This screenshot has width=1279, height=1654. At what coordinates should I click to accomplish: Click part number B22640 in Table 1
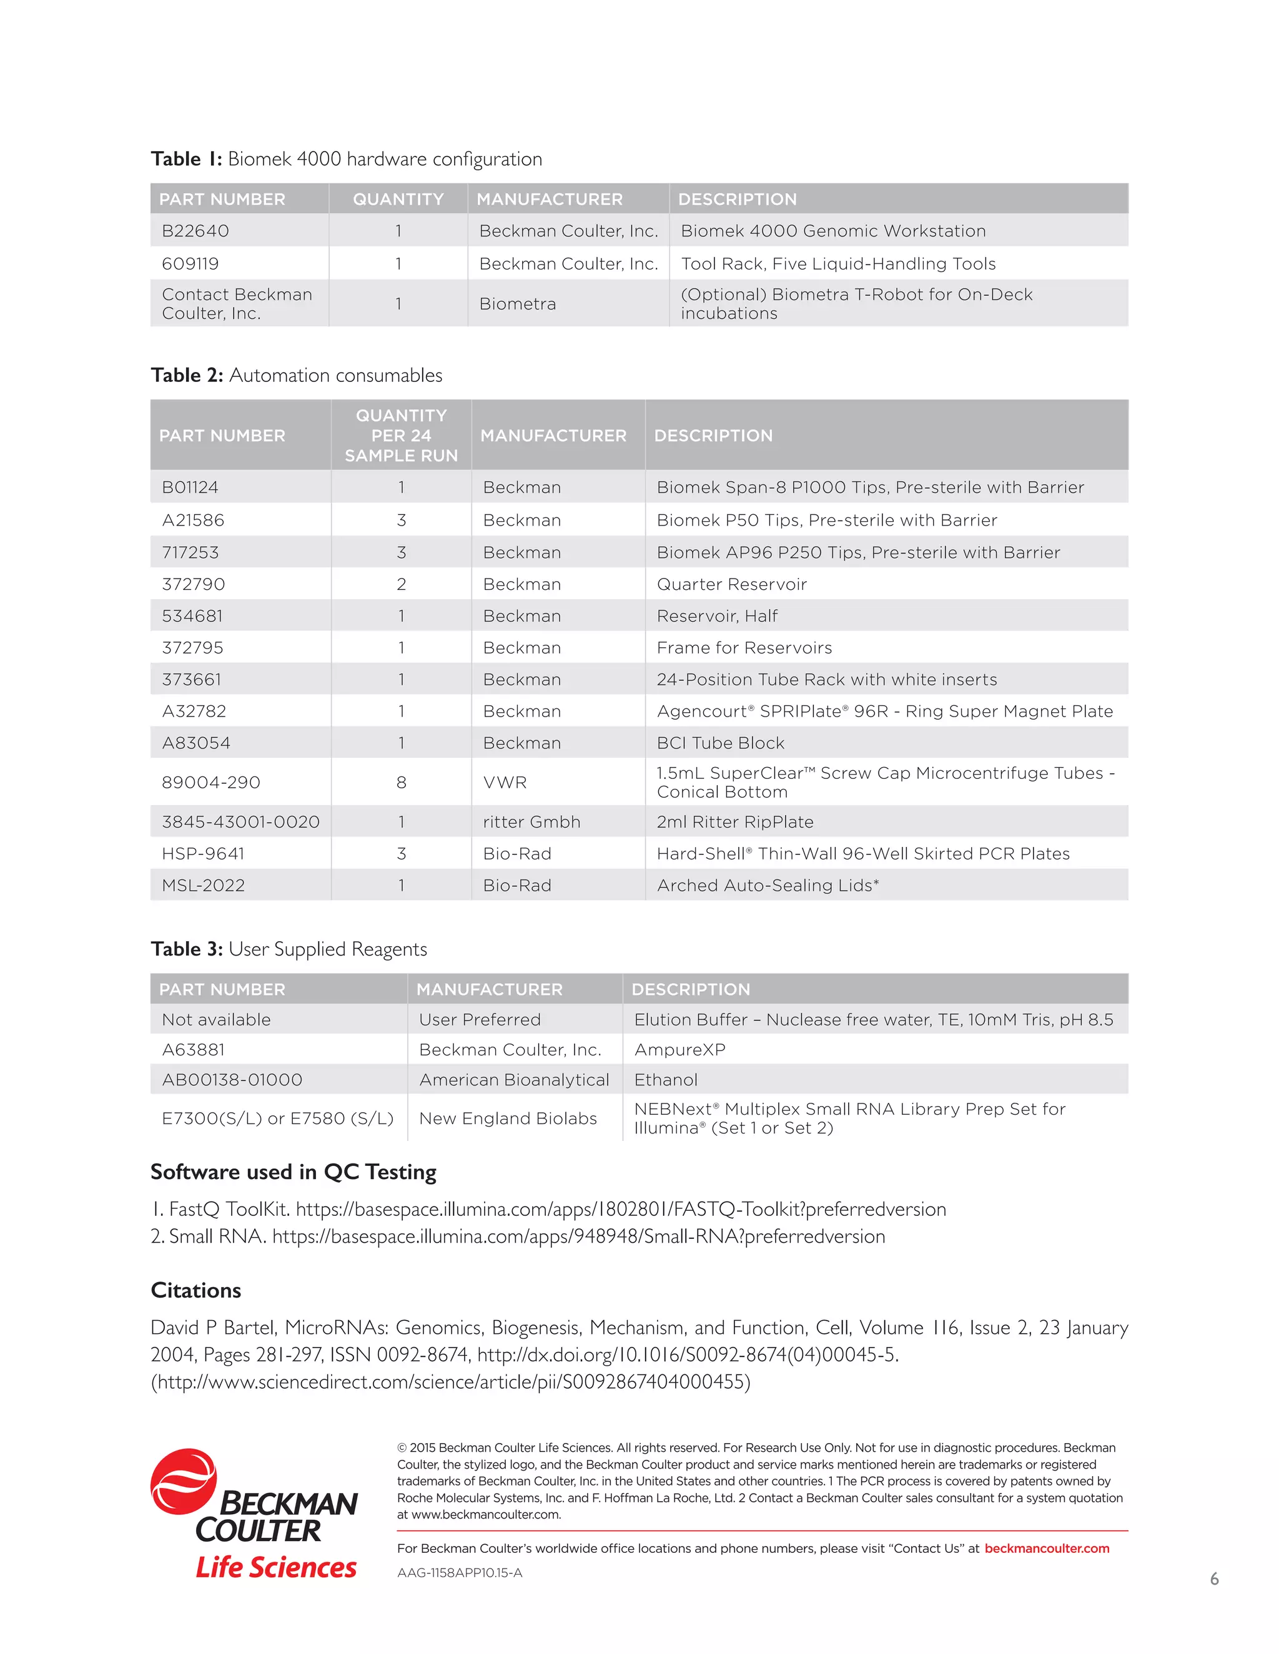tap(195, 231)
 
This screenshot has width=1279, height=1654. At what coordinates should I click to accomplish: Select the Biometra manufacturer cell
tap(518, 304)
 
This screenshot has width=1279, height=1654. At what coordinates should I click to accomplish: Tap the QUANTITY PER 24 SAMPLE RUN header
tap(401, 436)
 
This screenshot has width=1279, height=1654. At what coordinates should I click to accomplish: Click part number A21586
tap(193, 521)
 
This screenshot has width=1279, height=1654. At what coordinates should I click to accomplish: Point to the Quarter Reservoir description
tap(731, 584)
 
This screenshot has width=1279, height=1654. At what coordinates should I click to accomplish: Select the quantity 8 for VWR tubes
tap(401, 782)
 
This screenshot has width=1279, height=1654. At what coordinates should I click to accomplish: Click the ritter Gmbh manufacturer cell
tap(531, 822)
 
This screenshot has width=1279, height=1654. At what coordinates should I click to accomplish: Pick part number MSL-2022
tap(203, 885)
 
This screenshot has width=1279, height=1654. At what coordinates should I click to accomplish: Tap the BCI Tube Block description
tap(720, 743)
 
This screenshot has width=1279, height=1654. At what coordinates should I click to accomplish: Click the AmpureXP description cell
tap(679, 1050)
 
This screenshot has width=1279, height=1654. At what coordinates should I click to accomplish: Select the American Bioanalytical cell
tap(514, 1080)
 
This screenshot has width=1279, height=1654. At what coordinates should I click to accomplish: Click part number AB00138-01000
tap(232, 1080)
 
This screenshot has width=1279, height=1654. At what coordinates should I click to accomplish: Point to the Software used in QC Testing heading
tap(294, 1172)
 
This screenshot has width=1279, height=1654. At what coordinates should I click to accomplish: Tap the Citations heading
tap(195, 1291)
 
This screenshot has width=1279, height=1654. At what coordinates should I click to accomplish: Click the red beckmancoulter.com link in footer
tap(1047, 1549)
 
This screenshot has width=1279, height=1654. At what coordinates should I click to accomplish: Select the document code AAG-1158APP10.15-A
tap(459, 1573)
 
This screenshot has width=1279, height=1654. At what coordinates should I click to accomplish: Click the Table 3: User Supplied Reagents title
tap(289, 949)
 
